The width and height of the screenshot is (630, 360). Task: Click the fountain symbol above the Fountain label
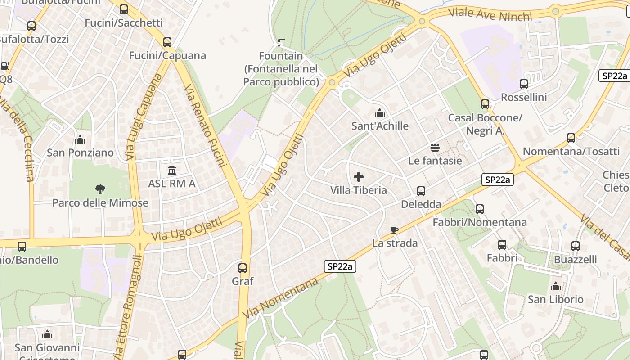click(282, 43)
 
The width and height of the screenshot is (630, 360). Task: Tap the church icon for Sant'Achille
click(380, 112)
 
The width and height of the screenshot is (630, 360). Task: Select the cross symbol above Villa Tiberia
click(359, 176)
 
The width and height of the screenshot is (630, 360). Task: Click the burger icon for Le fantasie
click(435, 147)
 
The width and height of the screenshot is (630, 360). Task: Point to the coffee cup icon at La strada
click(395, 230)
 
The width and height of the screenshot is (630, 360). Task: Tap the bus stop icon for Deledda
click(421, 191)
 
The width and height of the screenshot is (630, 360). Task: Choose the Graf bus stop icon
click(243, 268)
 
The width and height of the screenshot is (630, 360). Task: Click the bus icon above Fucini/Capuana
click(167, 42)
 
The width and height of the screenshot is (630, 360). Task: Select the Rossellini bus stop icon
click(524, 84)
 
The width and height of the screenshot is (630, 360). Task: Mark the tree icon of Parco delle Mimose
click(100, 189)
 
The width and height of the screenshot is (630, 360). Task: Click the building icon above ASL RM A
click(172, 170)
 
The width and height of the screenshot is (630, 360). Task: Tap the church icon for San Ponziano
click(81, 139)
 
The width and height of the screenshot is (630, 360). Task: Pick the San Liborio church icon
click(556, 286)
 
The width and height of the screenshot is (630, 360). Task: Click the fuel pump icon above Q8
click(5, 66)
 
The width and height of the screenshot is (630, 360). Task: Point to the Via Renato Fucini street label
click(205, 126)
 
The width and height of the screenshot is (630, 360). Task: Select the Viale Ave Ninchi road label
click(490, 14)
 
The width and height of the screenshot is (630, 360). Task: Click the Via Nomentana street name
click(281, 298)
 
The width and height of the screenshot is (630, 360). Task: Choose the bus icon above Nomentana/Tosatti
click(571, 138)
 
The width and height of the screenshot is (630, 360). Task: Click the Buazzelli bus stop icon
click(576, 246)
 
